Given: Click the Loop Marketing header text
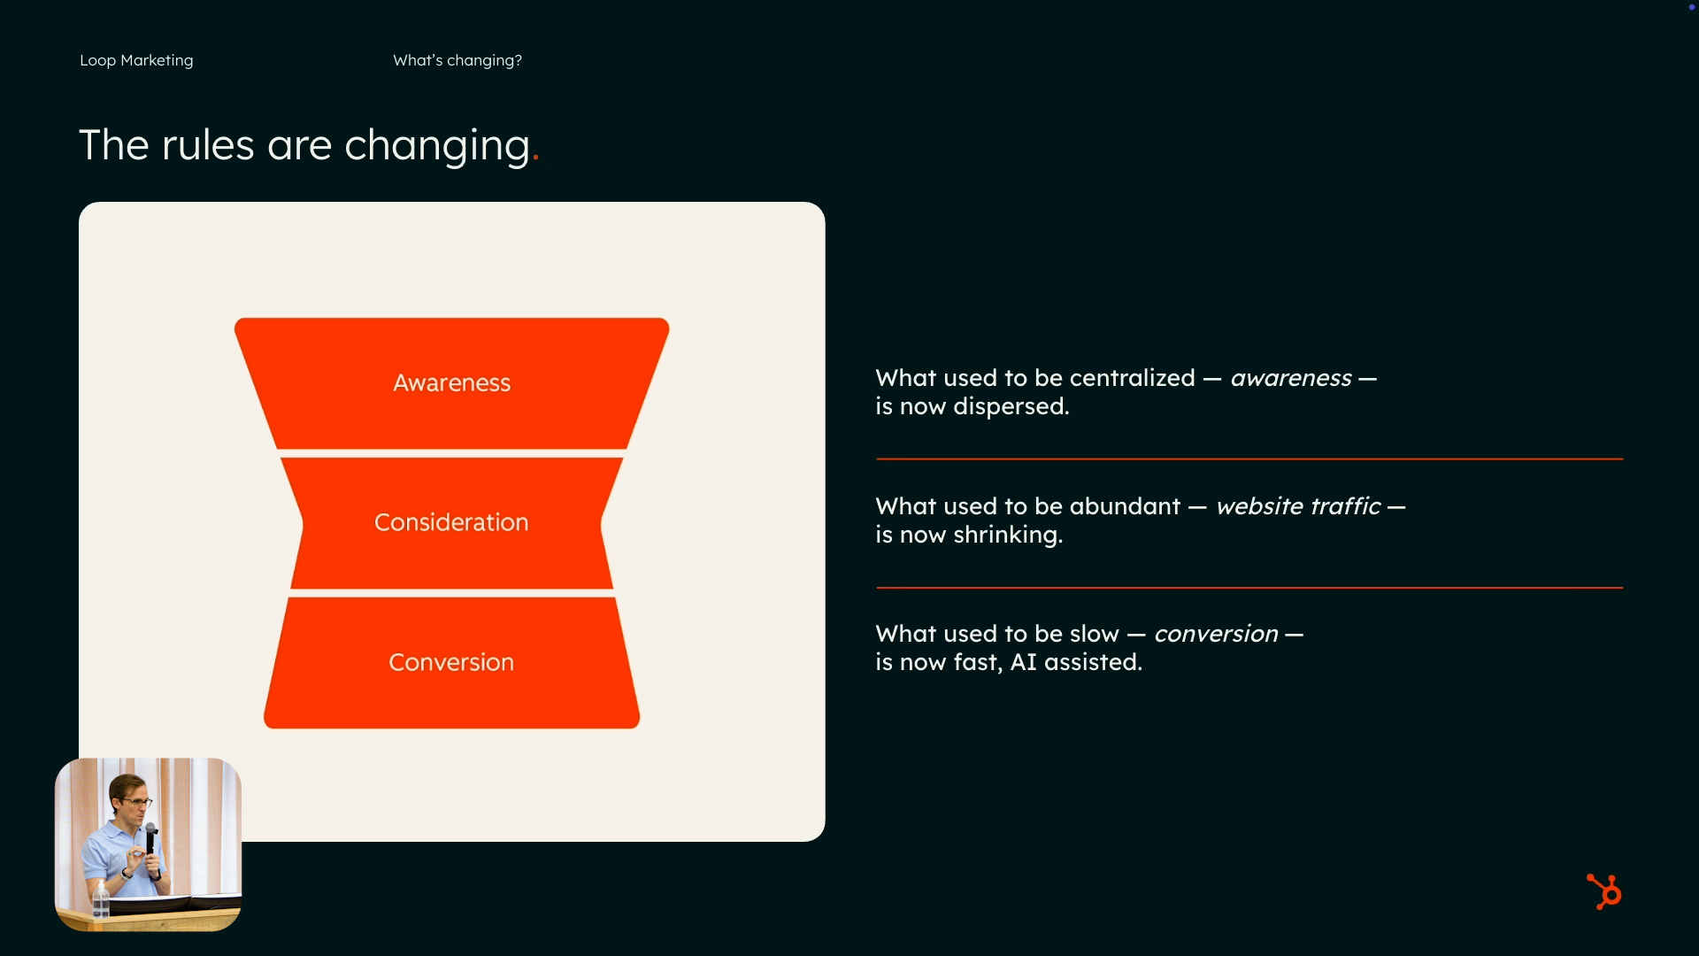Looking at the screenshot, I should click(136, 60).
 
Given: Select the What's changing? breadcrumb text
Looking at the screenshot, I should click(457, 60).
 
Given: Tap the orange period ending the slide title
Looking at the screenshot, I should click(535, 161).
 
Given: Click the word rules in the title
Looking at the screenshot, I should click(208, 145).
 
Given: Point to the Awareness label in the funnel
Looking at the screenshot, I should click(451, 383).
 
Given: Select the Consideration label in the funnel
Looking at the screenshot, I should click(451, 522).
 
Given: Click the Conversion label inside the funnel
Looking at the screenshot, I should click(451, 662).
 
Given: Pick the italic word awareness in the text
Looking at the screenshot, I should click(1290, 378).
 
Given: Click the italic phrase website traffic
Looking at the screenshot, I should click(1297, 506).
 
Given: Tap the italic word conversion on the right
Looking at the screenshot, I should click(1216, 634).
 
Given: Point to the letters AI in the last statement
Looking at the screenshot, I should click(1023, 662).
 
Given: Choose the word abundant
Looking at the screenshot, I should click(1125, 506).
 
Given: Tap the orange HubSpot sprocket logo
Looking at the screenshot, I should click(1604, 891).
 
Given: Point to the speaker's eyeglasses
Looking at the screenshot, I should click(135, 802).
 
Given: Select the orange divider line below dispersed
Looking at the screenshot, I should click(1249, 459).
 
